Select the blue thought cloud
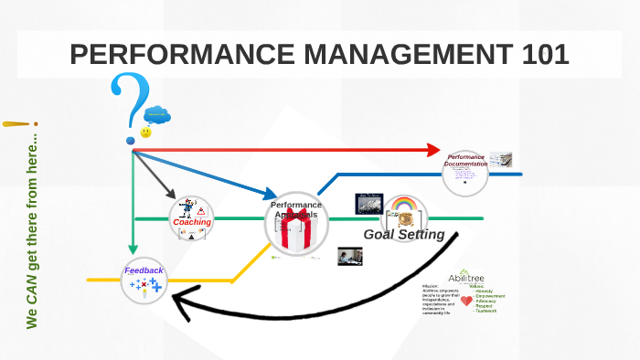(x=156, y=114)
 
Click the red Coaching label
(x=192, y=222)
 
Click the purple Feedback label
(x=144, y=270)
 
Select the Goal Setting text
(x=404, y=234)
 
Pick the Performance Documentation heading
(x=465, y=161)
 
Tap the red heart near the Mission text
(x=466, y=300)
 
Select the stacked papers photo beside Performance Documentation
(x=500, y=159)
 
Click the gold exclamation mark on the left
(x=18, y=123)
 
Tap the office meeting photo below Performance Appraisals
(x=350, y=256)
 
